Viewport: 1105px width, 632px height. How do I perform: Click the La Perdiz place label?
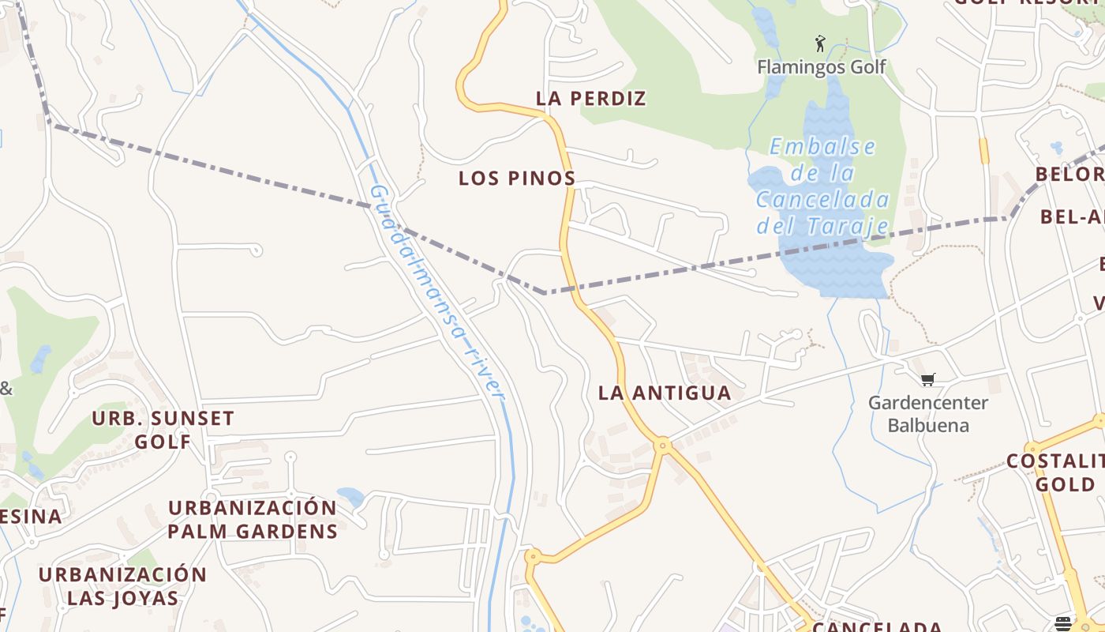[x=590, y=99]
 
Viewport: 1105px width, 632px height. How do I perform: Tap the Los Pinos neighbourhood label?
[x=517, y=179]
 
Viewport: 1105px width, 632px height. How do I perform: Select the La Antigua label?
[x=665, y=393]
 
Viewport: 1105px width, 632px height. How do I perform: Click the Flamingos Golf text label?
[x=822, y=66]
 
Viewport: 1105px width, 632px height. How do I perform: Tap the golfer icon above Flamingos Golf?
[x=820, y=43]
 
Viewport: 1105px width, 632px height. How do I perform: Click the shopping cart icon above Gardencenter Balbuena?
[x=928, y=380]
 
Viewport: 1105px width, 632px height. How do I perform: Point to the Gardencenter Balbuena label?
[x=928, y=414]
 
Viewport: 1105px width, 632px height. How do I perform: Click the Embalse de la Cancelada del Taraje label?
[x=823, y=187]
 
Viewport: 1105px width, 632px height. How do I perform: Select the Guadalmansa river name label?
[x=436, y=291]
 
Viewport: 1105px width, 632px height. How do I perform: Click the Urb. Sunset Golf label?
[x=163, y=429]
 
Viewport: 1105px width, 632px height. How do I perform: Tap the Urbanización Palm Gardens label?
[x=253, y=519]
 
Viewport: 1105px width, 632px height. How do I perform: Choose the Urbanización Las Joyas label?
[x=122, y=585]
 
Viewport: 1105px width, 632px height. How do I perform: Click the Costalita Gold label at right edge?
[x=1056, y=472]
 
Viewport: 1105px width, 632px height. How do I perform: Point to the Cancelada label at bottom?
[x=877, y=626]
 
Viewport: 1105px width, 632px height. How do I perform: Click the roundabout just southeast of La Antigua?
[x=663, y=446]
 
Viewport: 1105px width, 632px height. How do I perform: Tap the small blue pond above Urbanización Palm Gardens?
[x=350, y=497]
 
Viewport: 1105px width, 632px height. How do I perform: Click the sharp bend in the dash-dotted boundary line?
[x=544, y=293]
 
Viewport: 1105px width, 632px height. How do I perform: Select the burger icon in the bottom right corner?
[x=1063, y=623]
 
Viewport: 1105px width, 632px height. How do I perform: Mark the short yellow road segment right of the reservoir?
[x=983, y=150]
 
